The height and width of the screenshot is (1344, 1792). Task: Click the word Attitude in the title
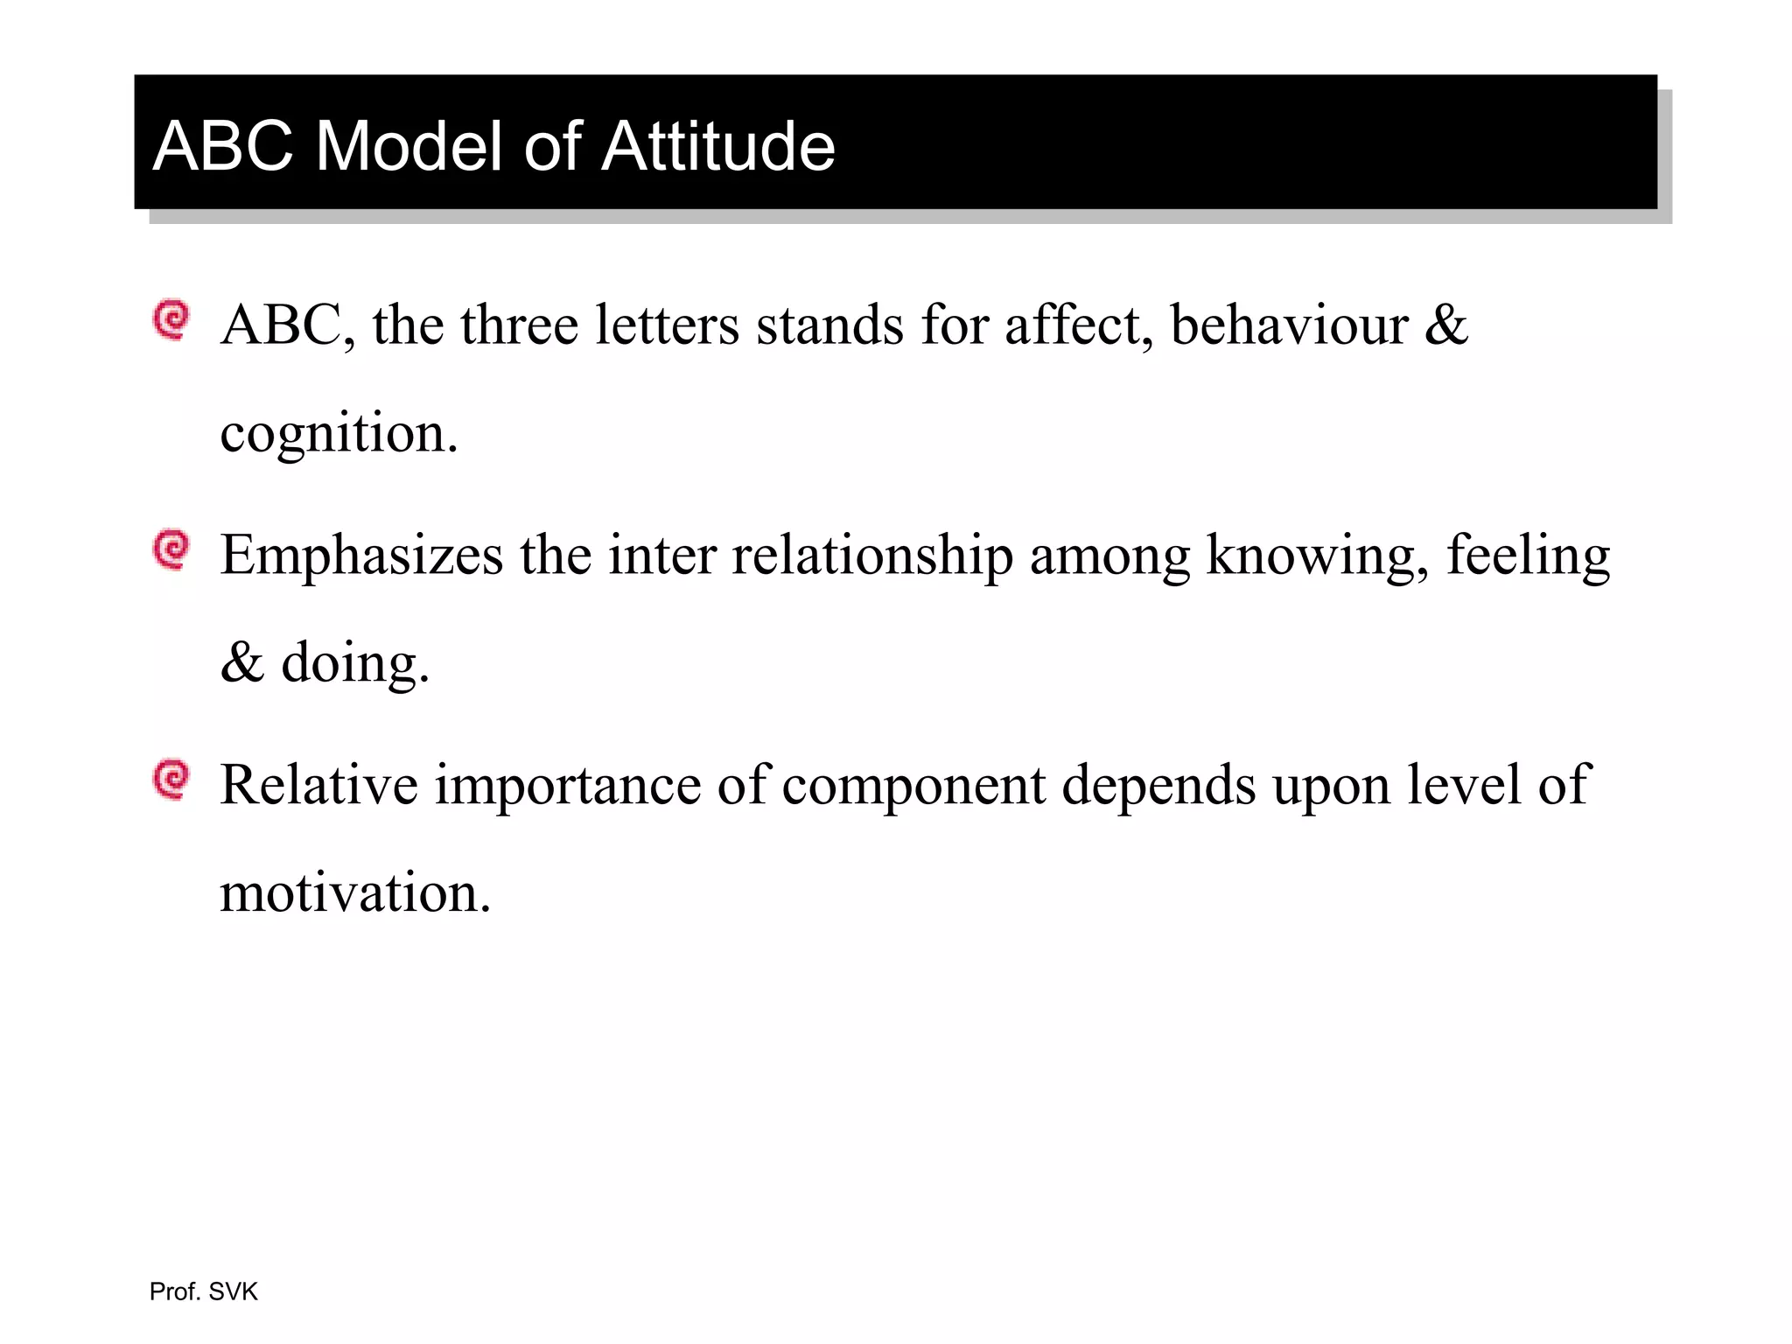718,146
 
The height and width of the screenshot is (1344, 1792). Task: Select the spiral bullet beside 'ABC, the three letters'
171,320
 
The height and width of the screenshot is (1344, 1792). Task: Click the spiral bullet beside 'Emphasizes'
171,549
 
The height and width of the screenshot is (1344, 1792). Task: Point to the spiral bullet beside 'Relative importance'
171,779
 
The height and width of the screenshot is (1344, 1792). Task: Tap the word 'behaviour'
1289,325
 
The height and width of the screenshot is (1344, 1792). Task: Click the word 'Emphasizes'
361,556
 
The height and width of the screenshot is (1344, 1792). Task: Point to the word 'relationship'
871,556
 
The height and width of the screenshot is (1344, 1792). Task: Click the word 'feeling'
1528,556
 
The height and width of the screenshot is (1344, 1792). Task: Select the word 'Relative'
318,785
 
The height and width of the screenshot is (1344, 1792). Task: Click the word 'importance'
568,785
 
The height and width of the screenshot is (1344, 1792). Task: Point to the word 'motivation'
354,893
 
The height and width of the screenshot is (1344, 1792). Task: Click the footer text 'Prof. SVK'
204,1291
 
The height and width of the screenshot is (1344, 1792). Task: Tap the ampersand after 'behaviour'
1445,325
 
